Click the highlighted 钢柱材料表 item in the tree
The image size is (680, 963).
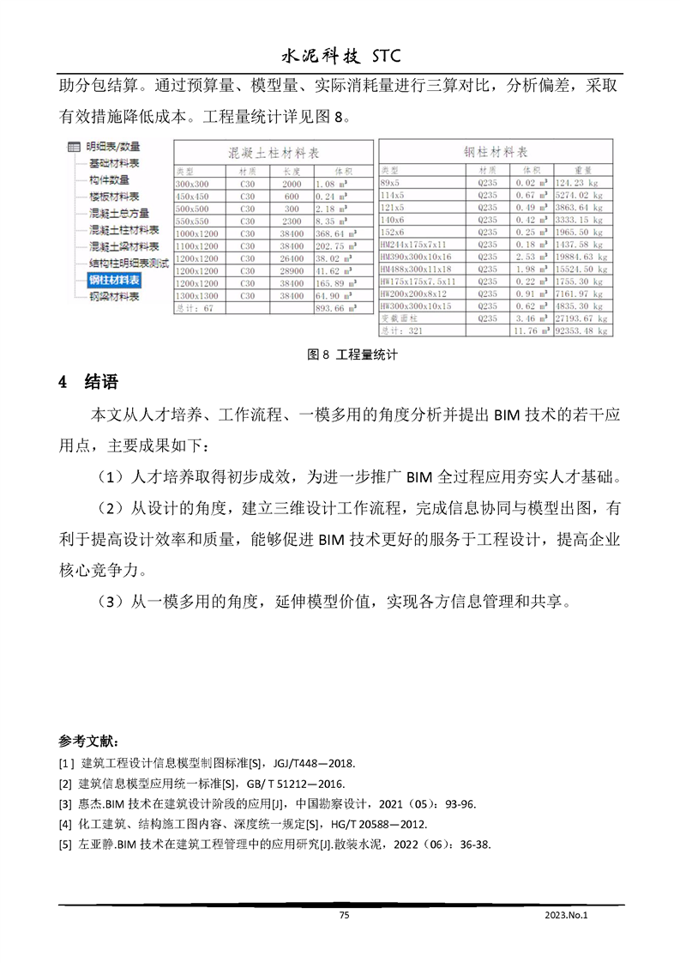(115, 280)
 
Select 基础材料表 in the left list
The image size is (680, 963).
(114, 163)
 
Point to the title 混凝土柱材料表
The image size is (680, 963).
(273, 152)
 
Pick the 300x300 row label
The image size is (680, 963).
(192, 184)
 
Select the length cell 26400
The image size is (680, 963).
(292, 257)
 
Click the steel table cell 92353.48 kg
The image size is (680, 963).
(581, 330)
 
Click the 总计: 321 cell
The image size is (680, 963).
(403, 330)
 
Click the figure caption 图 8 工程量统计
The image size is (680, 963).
(340, 354)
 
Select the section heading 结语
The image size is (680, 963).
(101, 382)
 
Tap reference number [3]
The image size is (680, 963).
(65, 804)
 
